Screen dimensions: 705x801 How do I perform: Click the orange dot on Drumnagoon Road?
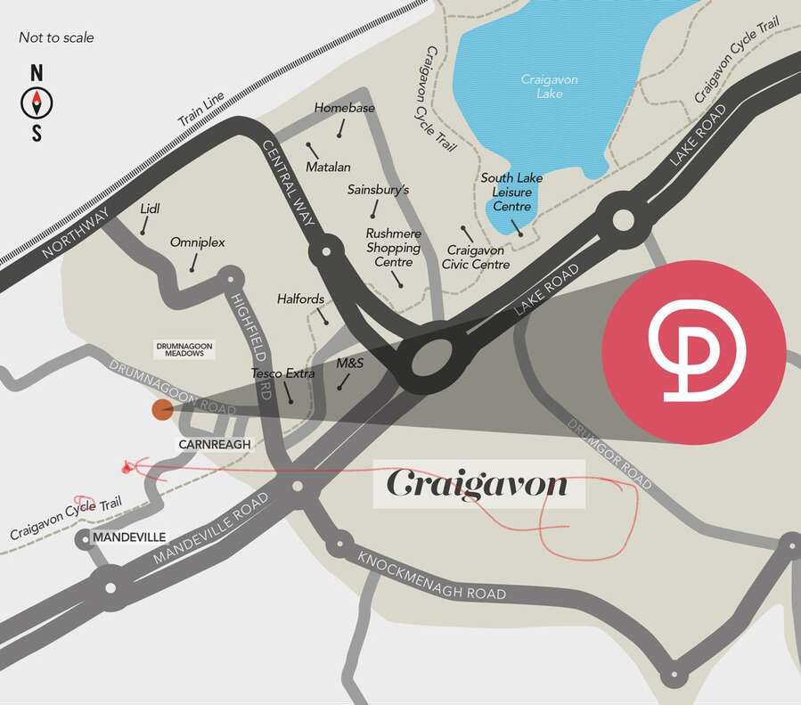coord(162,409)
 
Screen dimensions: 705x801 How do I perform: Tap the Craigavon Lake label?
coord(549,86)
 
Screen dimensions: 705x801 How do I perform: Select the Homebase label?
coord(344,109)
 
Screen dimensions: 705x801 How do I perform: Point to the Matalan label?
coord(328,167)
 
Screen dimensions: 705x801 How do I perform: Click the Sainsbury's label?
coord(378,190)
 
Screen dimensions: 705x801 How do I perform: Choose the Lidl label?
coord(149,208)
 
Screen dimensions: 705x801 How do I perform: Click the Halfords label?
coord(300,299)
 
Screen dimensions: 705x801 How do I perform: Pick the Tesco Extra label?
coord(282,373)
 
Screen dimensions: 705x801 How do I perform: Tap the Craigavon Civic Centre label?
coord(478,258)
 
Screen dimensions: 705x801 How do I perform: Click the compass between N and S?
coord(37,102)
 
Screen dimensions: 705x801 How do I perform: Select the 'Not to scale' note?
coord(56,37)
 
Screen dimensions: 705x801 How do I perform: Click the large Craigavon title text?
coord(478,485)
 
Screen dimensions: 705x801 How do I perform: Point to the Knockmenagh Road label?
coord(431,577)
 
